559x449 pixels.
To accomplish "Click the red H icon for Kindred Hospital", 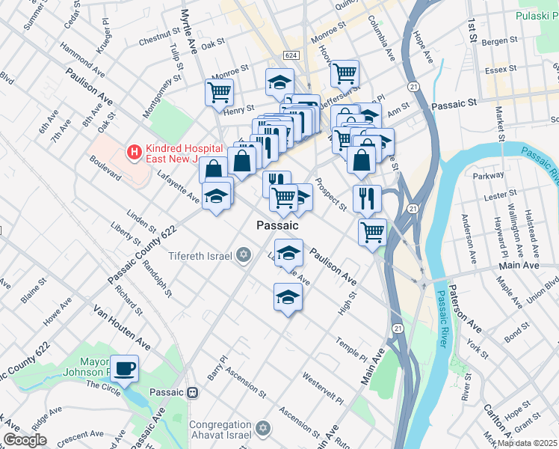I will pos(134,153).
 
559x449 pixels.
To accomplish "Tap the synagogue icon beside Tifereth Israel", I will pos(243,256).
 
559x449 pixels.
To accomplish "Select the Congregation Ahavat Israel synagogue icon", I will pos(262,428).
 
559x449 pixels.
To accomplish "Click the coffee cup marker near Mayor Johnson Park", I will pos(124,367).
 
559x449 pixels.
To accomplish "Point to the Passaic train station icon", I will pos(193,392).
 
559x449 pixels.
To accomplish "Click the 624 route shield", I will pos(291,56).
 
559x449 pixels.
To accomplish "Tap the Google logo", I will pos(25,440).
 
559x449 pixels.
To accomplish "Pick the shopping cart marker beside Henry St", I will pos(220,93).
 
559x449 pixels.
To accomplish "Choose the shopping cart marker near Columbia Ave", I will pos(345,73).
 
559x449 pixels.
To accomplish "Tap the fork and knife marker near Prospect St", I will pos(367,198).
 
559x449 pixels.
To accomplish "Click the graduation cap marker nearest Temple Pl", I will pos(288,298).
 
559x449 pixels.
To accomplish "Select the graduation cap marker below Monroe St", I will pos(279,81).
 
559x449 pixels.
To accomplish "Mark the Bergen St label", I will pos(501,40).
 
